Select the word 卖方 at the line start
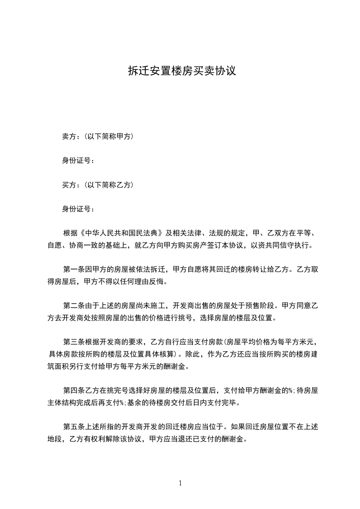click(69, 136)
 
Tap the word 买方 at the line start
click(69, 185)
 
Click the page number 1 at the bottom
click(180, 483)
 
